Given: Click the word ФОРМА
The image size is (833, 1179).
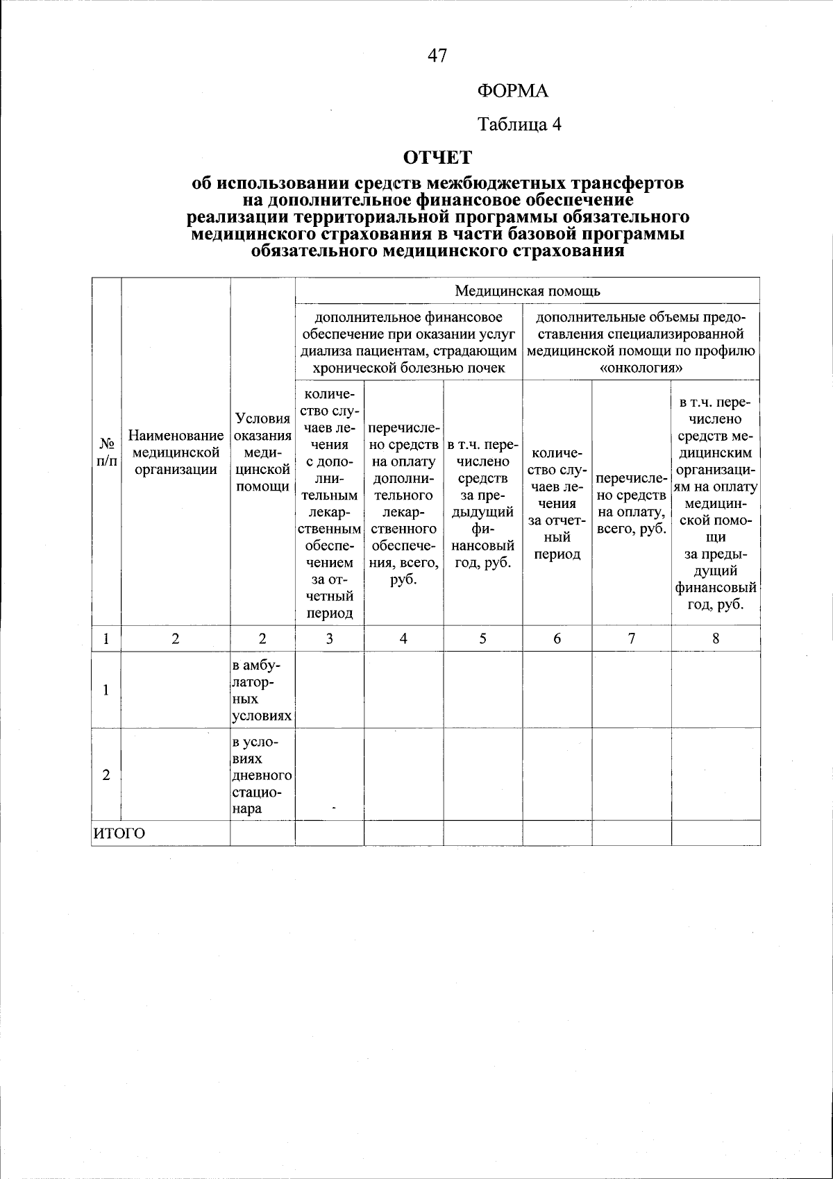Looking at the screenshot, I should [x=513, y=91].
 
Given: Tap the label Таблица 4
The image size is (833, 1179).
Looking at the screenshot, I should [x=519, y=124].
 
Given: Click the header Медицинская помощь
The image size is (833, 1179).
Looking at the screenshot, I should [x=528, y=290].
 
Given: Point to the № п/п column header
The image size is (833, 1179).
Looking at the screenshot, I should [x=106, y=452].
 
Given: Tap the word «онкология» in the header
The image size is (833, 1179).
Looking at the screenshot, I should [x=641, y=367].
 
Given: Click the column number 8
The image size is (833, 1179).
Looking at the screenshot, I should [x=715, y=639].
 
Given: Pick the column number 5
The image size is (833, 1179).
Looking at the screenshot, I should [x=482, y=639].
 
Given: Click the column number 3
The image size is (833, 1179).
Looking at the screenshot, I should [x=330, y=639].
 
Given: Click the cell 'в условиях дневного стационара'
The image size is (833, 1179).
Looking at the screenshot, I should [x=262, y=775].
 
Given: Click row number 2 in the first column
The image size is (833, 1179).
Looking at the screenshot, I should [x=106, y=775].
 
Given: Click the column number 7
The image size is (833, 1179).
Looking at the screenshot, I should [x=631, y=639].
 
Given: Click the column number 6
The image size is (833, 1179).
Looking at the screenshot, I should [x=557, y=639].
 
